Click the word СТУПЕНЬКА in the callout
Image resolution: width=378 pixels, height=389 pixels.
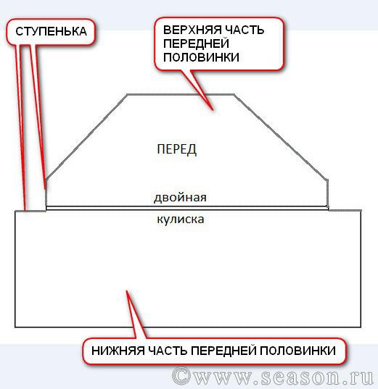coord(51,31)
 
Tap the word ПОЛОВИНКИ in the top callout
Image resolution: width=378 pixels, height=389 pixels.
coord(201,57)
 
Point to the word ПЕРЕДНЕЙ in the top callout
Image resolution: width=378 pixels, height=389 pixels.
coord(196,43)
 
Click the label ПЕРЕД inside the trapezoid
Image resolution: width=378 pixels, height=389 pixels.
coord(177,149)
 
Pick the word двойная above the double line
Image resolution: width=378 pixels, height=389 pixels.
coord(180,198)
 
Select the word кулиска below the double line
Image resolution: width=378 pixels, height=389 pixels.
coord(181,219)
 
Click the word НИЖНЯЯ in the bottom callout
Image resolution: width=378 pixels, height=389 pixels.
coord(118,351)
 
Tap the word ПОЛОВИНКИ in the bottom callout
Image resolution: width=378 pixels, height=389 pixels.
coord(297,351)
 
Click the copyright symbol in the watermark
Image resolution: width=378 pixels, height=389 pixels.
coord(181,377)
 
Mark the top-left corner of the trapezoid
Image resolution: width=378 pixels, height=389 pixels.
coord(127,94)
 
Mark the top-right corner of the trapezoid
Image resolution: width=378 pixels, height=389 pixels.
coord(234,94)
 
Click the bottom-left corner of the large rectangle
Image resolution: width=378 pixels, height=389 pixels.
coord(15,327)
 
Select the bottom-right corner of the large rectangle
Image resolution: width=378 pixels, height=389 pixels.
coord(361,327)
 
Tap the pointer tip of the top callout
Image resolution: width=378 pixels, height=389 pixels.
coord(213,110)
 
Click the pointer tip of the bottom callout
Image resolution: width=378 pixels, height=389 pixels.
coord(127,290)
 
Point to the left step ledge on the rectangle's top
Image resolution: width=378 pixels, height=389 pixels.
coord(30,211)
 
